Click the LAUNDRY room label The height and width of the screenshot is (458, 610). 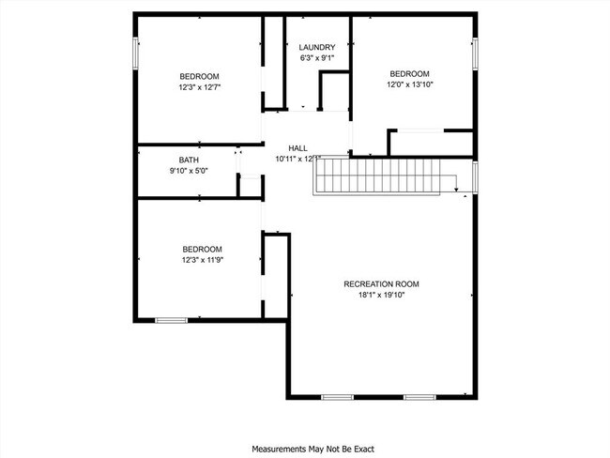pyautogui.click(x=316, y=48)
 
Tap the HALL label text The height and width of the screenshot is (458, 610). pyautogui.click(x=297, y=148)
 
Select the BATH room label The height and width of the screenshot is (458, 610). pyautogui.click(x=189, y=160)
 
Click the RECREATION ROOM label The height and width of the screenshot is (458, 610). pyautogui.click(x=381, y=283)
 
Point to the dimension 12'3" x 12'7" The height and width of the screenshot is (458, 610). pyautogui.click(x=200, y=87)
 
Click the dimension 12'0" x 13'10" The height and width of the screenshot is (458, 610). pyautogui.click(x=409, y=85)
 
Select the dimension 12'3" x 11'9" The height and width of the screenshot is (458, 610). pyautogui.click(x=202, y=260)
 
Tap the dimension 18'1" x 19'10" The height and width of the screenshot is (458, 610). pyautogui.click(x=381, y=295)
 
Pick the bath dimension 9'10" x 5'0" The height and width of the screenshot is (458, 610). pyautogui.click(x=189, y=171)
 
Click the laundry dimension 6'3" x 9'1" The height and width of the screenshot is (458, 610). pyautogui.click(x=316, y=59)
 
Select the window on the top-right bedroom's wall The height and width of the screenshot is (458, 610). pyautogui.click(x=475, y=53)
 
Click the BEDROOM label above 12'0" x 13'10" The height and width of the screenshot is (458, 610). pyautogui.click(x=409, y=74)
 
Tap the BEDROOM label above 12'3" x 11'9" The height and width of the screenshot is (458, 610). pyautogui.click(x=202, y=249)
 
